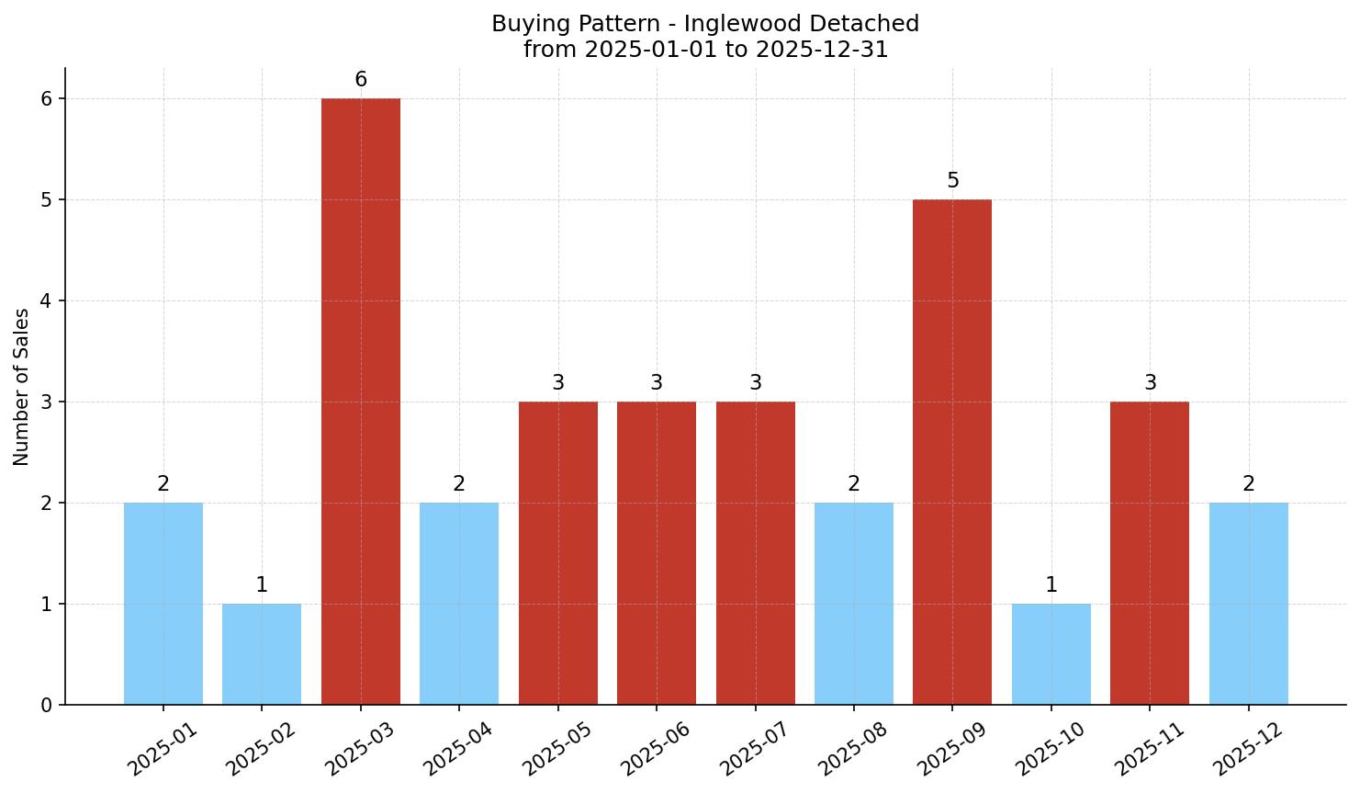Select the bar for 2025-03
361,402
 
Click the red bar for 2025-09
952,452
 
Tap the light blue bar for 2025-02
262,654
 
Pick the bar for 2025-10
1051,654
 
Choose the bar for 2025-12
1249,604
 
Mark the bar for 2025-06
657,553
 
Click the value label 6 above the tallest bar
361,80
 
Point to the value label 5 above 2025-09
953,181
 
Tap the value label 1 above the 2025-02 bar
262,585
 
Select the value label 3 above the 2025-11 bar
1151,383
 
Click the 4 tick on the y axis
46,301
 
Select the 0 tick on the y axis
46,706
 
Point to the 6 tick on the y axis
46,99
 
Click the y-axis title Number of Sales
22,387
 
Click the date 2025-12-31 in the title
822,50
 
